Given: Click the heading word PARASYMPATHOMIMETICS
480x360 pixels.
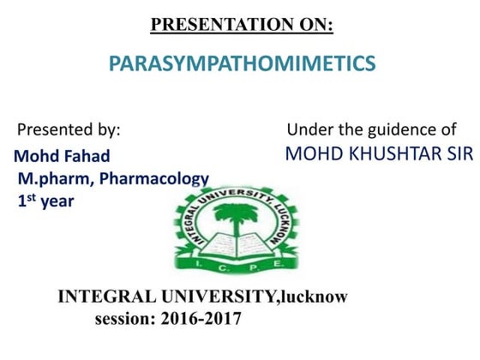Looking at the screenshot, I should point(243,63).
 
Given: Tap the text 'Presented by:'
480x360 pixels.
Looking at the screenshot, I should point(69,131).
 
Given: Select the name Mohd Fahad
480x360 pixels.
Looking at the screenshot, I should point(62,157).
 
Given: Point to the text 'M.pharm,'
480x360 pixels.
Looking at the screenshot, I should point(51,179).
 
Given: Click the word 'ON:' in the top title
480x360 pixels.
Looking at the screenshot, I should point(313,25).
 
